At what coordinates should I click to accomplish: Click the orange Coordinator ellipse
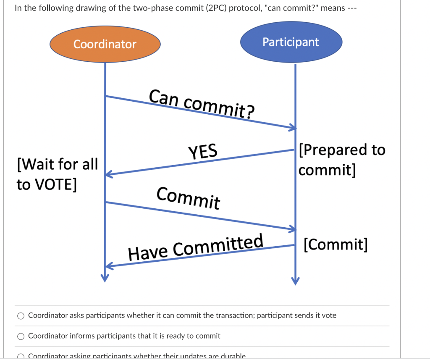[x=105, y=44]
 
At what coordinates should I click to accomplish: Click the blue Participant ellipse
[x=291, y=42]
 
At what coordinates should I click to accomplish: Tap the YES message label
[x=203, y=152]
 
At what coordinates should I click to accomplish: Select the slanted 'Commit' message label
[x=188, y=198]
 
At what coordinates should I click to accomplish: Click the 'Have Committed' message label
[x=196, y=247]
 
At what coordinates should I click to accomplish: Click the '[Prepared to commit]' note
[x=341, y=160]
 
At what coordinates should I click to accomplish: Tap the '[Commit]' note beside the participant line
[x=336, y=244]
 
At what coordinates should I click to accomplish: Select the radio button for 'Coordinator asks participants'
[x=21, y=315]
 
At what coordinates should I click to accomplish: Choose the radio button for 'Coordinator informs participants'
[x=21, y=336]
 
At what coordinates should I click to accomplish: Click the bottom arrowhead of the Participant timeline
[x=296, y=280]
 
